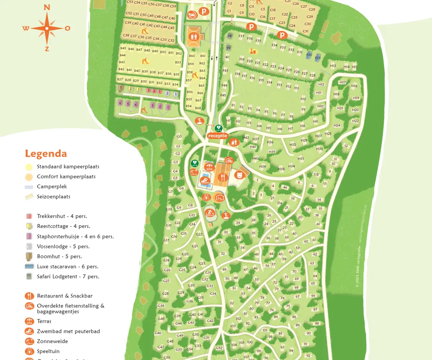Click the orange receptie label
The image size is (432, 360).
(x=218, y=135)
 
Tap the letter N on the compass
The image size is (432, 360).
(x=46, y=7)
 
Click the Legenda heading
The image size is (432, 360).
(x=46, y=154)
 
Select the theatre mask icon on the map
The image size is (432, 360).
(x=238, y=175)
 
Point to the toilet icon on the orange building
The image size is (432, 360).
(x=193, y=36)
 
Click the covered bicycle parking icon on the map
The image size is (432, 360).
(x=229, y=160)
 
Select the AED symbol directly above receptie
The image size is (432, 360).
(x=218, y=128)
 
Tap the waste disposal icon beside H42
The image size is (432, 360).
(x=234, y=142)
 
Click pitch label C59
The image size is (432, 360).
(x=173, y=6)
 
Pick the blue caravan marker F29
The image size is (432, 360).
(x=318, y=58)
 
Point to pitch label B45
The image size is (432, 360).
(x=123, y=48)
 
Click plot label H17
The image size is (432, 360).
(x=342, y=82)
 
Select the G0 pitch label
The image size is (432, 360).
(x=179, y=136)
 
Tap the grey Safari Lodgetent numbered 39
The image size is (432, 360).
(x=228, y=48)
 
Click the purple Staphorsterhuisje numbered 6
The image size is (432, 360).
(x=120, y=103)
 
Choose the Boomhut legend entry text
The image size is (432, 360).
(x=59, y=257)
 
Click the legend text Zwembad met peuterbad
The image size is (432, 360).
(x=68, y=331)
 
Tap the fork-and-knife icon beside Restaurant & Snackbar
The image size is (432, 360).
(x=30, y=296)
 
